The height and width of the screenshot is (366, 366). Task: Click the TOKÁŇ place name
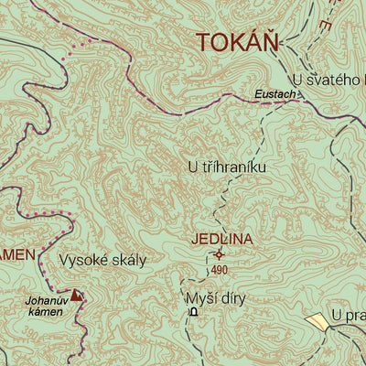click(x=237, y=42)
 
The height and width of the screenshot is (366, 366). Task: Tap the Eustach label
click(x=274, y=94)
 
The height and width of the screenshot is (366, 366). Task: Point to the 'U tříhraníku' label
click(x=226, y=167)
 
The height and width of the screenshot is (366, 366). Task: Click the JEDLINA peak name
click(x=221, y=240)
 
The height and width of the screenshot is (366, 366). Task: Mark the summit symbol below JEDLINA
click(x=219, y=255)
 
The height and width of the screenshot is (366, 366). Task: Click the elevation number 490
click(x=219, y=270)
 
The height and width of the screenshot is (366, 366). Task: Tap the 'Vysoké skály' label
click(x=102, y=260)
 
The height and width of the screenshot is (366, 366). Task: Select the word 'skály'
click(x=127, y=260)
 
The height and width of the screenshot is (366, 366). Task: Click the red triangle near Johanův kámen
click(x=76, y=295)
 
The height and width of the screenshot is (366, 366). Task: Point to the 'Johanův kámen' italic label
click(x=45, y=305)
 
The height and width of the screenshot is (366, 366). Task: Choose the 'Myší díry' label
click(x=215, y=297)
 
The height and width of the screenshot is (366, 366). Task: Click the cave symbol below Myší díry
click(x=193, y=313)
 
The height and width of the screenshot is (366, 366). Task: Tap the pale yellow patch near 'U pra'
click(x=317, y=320)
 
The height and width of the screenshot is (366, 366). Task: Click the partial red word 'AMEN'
click(x=17, y=253)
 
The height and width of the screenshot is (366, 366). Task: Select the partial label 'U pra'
click(x=349, y=316)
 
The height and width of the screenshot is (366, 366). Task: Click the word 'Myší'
click(x=199, y=297)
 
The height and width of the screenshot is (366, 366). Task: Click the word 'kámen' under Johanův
click(x=45, y=312)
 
